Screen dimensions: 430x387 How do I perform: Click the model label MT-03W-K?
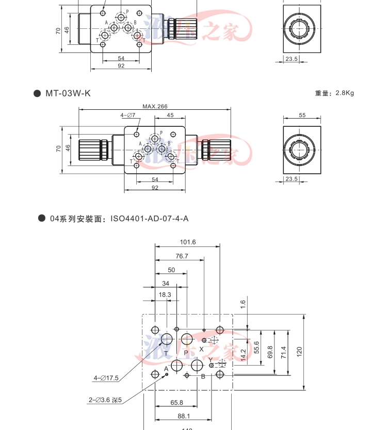[68, 93]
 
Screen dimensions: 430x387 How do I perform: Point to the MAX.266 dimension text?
[155, 106]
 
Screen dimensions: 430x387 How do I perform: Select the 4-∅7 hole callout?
[127, 115]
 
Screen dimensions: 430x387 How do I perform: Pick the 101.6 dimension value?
[187, 242]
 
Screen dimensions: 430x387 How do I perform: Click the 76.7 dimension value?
[181, 256]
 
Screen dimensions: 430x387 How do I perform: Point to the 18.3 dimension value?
[165, 294]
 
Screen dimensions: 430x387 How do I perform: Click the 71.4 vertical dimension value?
[283, 353]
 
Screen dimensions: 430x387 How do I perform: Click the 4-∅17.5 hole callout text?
[106, 378]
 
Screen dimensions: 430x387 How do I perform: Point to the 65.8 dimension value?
[177, 403]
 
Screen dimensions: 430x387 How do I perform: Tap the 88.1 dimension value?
[184, 416]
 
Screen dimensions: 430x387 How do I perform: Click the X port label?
[202, 349]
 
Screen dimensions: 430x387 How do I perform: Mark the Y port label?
[211, 359]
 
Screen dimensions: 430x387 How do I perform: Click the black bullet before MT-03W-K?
[37, 93]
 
